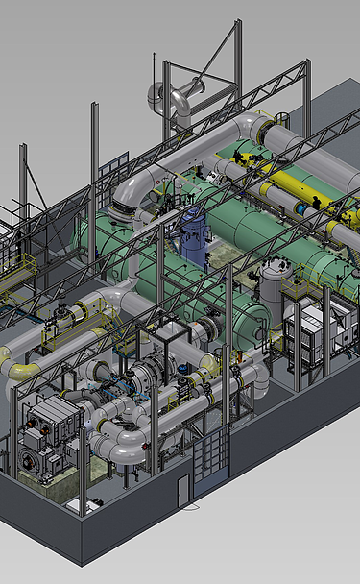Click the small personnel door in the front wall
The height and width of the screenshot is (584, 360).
[x=182, y=489]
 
